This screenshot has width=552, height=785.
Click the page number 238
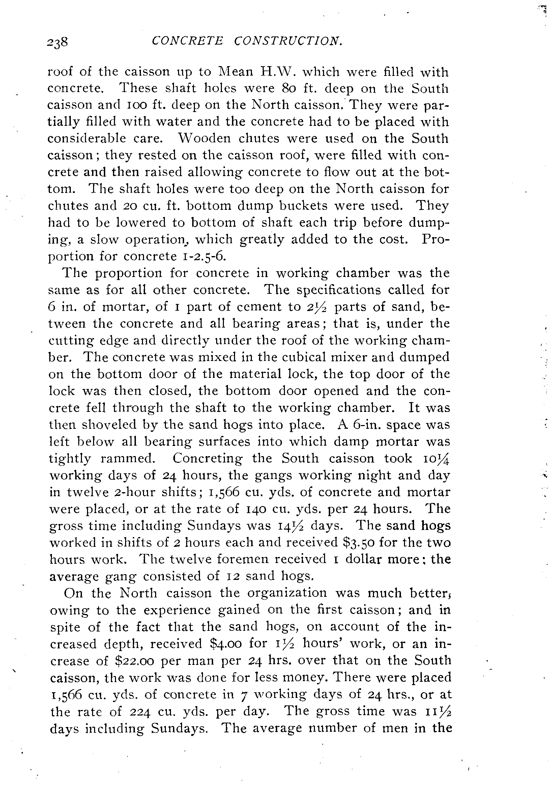coord(58,43)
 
